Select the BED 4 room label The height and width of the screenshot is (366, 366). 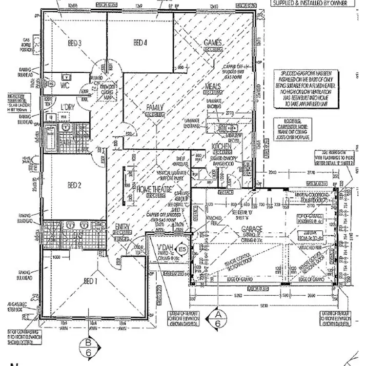[140, 43]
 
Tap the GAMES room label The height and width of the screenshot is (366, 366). [213, 43]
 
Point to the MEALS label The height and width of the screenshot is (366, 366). [213, 86]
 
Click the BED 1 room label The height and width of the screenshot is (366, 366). [90, 282]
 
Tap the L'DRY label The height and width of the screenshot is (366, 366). [67, 107]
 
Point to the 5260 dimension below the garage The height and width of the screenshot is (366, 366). [238, 295]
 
